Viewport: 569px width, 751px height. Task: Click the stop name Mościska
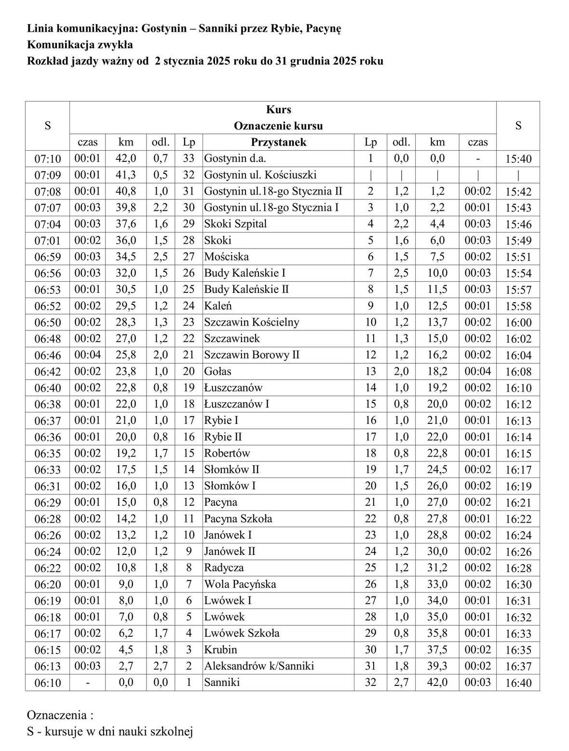pos(227,257)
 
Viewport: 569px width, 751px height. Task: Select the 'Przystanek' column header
pos(278,142)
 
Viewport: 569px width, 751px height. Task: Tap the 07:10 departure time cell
pos(47,159)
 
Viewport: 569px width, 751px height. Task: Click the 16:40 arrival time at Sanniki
pos(518,683)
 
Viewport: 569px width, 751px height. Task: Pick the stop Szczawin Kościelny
pos(251,322)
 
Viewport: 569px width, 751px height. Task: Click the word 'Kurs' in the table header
pos(278,109)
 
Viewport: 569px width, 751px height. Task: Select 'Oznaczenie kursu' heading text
pos(278,126)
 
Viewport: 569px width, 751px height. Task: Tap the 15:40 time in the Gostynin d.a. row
pos(518,159)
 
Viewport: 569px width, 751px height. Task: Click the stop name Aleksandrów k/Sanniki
pos(259,666)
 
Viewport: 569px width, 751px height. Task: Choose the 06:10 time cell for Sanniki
pos(47,683)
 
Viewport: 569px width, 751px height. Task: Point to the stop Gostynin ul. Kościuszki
pos(260,175)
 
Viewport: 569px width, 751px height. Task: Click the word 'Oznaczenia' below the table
pos(57,714)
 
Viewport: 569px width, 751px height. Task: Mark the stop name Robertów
pos(227,453)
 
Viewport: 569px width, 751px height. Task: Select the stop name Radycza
pos(224,568)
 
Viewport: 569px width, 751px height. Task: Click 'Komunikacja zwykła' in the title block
pos(80,45)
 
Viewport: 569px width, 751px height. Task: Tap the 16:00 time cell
pos(518,323)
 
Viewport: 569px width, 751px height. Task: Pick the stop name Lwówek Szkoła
pos(242,633)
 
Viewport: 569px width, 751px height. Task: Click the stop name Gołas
pos(217,371)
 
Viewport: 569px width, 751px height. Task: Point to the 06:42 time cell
pos(47,372)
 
